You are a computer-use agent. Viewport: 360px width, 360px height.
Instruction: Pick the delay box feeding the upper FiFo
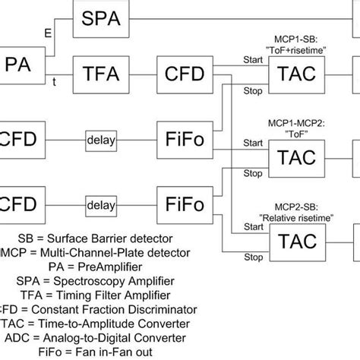pos(100,141)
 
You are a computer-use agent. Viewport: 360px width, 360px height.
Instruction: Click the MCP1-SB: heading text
pos(304,36)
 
